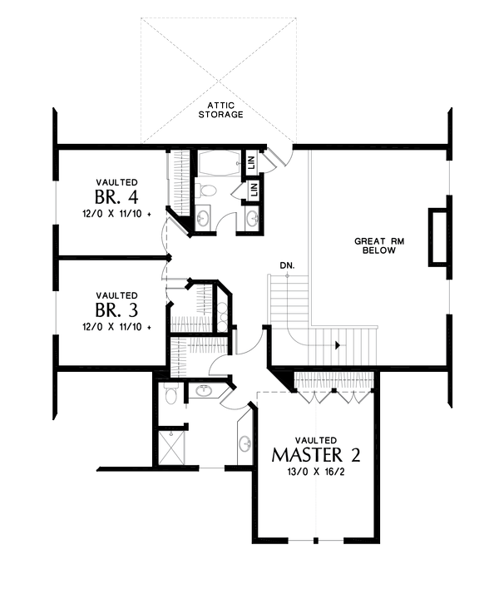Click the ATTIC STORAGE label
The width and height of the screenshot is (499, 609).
click(220, 110)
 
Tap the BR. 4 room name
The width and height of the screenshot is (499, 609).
click(116, 197)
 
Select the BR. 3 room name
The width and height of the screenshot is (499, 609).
click(116, 310)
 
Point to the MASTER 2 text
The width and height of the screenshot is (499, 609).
click(315, 455)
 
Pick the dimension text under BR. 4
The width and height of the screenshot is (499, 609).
click(116, 214)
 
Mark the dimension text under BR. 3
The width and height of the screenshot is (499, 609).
click(116, 327)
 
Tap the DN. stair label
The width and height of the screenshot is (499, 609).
click(287, 265)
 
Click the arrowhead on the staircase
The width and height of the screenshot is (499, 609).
click(336, 343)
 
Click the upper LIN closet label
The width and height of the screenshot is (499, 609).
click(252, 163)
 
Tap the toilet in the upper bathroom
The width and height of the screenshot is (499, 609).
click(209, 191)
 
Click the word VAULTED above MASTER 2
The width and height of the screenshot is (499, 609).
click(315, 439)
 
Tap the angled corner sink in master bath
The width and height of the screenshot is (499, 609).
click(205, 390)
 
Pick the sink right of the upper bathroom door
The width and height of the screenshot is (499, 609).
click(253, 219)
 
